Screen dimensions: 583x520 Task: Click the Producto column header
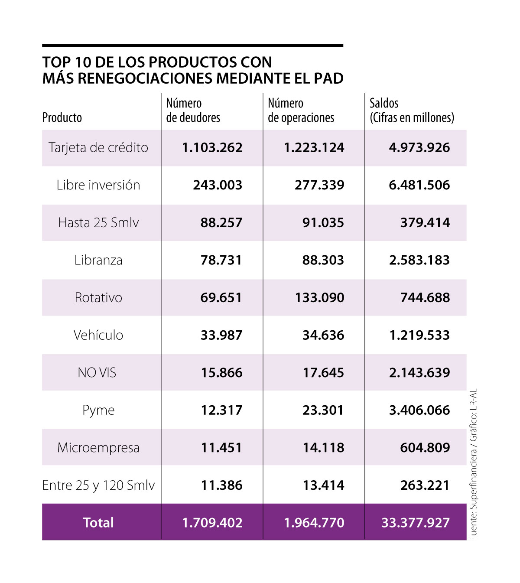coord(62,117)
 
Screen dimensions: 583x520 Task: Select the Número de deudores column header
coord(193,111)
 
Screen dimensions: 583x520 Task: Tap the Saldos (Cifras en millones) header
coord(411,111)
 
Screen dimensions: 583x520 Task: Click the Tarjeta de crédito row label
coord(98,148)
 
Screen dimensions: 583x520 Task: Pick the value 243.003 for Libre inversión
coord(218,185)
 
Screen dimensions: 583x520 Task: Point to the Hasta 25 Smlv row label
coord(98,223)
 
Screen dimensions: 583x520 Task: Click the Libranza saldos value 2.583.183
coord(419,260)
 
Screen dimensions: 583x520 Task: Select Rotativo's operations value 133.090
coord(319,298)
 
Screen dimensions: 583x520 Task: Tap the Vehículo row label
coord(98,335)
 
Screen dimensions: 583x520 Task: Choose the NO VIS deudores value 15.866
coord(221,373)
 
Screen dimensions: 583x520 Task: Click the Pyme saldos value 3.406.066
coord(419,410)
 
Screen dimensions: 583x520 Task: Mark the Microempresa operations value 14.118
coord(323,448)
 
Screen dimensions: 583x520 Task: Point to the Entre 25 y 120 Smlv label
coord(98,485)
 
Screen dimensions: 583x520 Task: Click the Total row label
coord(98,522)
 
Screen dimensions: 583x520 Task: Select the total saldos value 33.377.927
coord(415,522)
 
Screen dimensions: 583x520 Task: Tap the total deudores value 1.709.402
coord(212,522)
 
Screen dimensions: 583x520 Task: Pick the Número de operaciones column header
coord(301,111)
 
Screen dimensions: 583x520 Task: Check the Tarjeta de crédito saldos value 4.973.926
coord(419,148)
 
